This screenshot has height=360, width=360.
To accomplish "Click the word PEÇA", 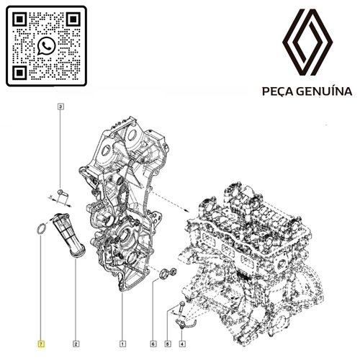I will point(273,92).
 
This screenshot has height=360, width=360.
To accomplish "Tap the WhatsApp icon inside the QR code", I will point(47,45).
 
